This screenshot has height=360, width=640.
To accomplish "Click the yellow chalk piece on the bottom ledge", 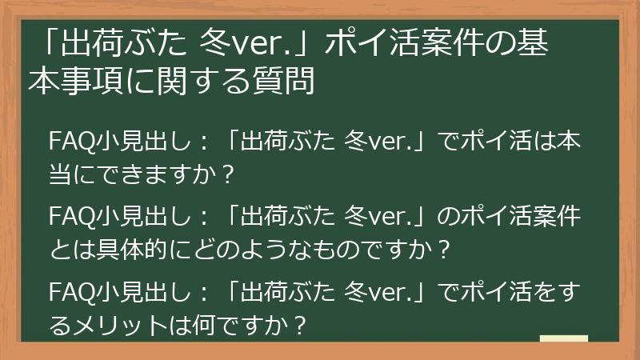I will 563,338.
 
